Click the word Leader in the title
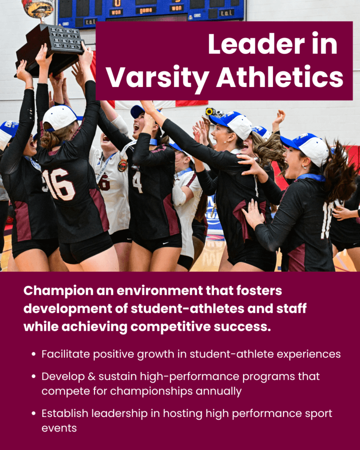click(256, 44)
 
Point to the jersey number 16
click(59, 184)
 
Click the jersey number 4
click(138, 182)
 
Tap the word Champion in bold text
click(58, 291)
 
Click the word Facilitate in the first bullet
click(65, 354)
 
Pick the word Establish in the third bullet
click(65, 413)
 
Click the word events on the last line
click(59, 428)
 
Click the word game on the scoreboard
click(146, 11)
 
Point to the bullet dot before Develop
click(34, 376)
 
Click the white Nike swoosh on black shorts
click(165, 243)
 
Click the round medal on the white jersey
click(123, 166)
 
